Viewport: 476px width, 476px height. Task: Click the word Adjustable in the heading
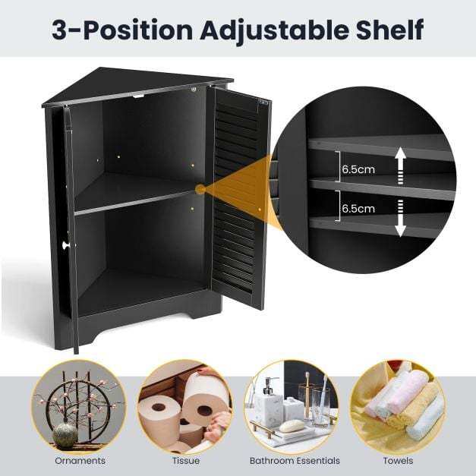pyautogui.click(x=275, y=30)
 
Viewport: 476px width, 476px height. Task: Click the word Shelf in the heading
pyautogui.click(x=390, y=29)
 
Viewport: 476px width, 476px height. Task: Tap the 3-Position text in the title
pyautogui.click(x=122, y=30)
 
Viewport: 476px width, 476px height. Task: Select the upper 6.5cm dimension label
pyautogui.click(x=358, y=169)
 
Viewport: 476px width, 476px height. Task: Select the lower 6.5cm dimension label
pyautogui.click(x=358, y=209)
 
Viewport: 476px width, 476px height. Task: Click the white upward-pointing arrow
pyautogui.click(x=400, y=165)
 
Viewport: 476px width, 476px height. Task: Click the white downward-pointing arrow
pyautogui.click(x=400, y=218)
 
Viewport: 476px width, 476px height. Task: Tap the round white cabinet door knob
pyautogui.click(x=65, y=244)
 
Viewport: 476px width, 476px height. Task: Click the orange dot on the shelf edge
pyautogui.click(x=200, y=190)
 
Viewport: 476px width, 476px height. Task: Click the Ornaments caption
pyautogui.click(x=80, y=461)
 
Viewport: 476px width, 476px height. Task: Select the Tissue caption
pyautogui.click(x=186, y=461)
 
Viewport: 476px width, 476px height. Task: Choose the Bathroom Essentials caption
pyautogui.click(x=295, y=461)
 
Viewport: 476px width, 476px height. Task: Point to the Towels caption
pyautogui.click(x=398, y=461)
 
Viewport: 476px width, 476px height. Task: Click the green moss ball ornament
pyautogui.click(x=65, y=435)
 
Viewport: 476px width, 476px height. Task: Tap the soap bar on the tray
pyautogui.click(x=291, y=426)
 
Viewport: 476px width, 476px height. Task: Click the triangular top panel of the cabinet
pyautogui.click(x=137, y=87)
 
